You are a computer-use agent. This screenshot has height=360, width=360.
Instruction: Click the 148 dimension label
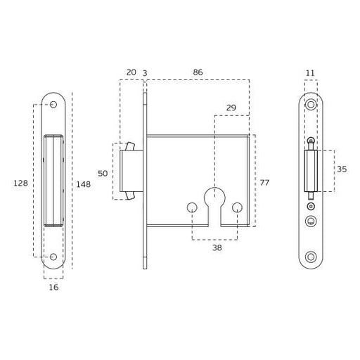click(x=84, y=184)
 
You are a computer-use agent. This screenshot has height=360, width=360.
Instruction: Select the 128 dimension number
click(x=20, y=183)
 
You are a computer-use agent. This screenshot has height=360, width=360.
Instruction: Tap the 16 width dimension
click(x=53, y=287)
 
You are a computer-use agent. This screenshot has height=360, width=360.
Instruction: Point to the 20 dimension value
click(x=131, y=72)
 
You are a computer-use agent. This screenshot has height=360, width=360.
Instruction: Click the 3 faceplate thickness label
click(x=145, y=73)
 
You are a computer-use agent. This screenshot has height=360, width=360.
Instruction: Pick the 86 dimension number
click(x=198, y=72)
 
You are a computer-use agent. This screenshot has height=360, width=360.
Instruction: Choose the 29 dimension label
click(x=231, y=108)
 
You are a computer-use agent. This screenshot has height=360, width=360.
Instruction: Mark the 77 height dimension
click(x=264, y=182)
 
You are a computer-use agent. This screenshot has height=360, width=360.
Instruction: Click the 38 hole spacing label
click(x=217, y=247)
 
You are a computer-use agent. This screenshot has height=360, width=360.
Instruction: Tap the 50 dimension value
click(x=103, y=174)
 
